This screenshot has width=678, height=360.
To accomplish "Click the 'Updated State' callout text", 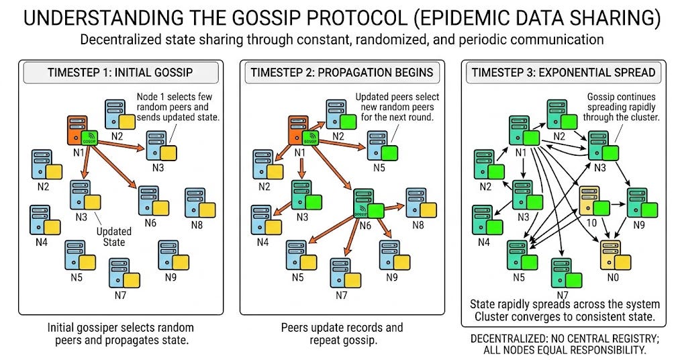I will tap(113, 236).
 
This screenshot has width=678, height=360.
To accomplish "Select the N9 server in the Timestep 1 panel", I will tap(168, 254).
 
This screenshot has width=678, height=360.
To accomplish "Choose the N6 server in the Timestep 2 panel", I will tap(363, 202).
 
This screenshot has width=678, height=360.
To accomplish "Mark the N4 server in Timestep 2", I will tap(260, 218).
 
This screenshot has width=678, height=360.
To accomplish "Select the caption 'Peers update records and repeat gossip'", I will tap(342, 334).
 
